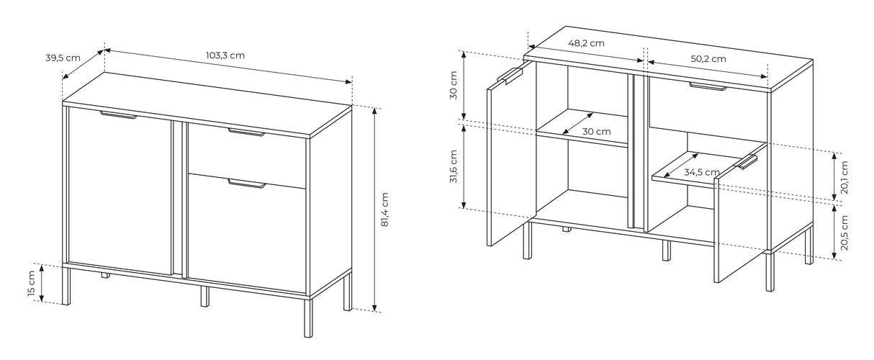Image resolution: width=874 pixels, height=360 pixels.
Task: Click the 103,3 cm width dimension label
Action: pos(225,55)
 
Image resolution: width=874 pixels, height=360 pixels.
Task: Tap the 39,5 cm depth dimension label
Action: pos(63,58)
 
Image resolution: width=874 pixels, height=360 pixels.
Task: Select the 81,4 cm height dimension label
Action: pos(384,210)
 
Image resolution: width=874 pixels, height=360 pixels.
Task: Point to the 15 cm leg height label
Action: pos(32,283)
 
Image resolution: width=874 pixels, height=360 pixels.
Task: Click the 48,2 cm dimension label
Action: pos(586,43)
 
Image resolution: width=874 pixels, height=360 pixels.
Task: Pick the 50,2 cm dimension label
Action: pos(708,59)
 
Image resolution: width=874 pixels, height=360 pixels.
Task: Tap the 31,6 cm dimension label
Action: pos(453,166)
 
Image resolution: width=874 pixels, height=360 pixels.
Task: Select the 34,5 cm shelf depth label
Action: pos(701,172)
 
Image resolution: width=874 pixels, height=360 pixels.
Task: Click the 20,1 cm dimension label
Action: pos(844,177)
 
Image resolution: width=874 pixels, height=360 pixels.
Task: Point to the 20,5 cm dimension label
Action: pos(844,233)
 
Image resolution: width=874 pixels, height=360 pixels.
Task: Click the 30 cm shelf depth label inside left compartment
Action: pos(596,132)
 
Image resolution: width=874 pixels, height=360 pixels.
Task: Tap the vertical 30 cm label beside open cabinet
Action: pos(453,85)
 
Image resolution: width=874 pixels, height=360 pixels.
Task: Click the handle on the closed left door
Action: pos(119,114)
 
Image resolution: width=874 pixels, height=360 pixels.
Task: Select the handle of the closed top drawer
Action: pos(246,132)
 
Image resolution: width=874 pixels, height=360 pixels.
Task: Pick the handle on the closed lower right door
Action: pos(247,184)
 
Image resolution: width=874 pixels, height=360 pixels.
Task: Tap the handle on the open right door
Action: pos(747,162)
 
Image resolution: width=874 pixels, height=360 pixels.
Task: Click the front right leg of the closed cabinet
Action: pos(308,317)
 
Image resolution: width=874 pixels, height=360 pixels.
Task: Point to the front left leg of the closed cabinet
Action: pos(67,286)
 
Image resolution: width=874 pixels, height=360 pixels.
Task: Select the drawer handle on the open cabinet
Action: pos(708,86)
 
